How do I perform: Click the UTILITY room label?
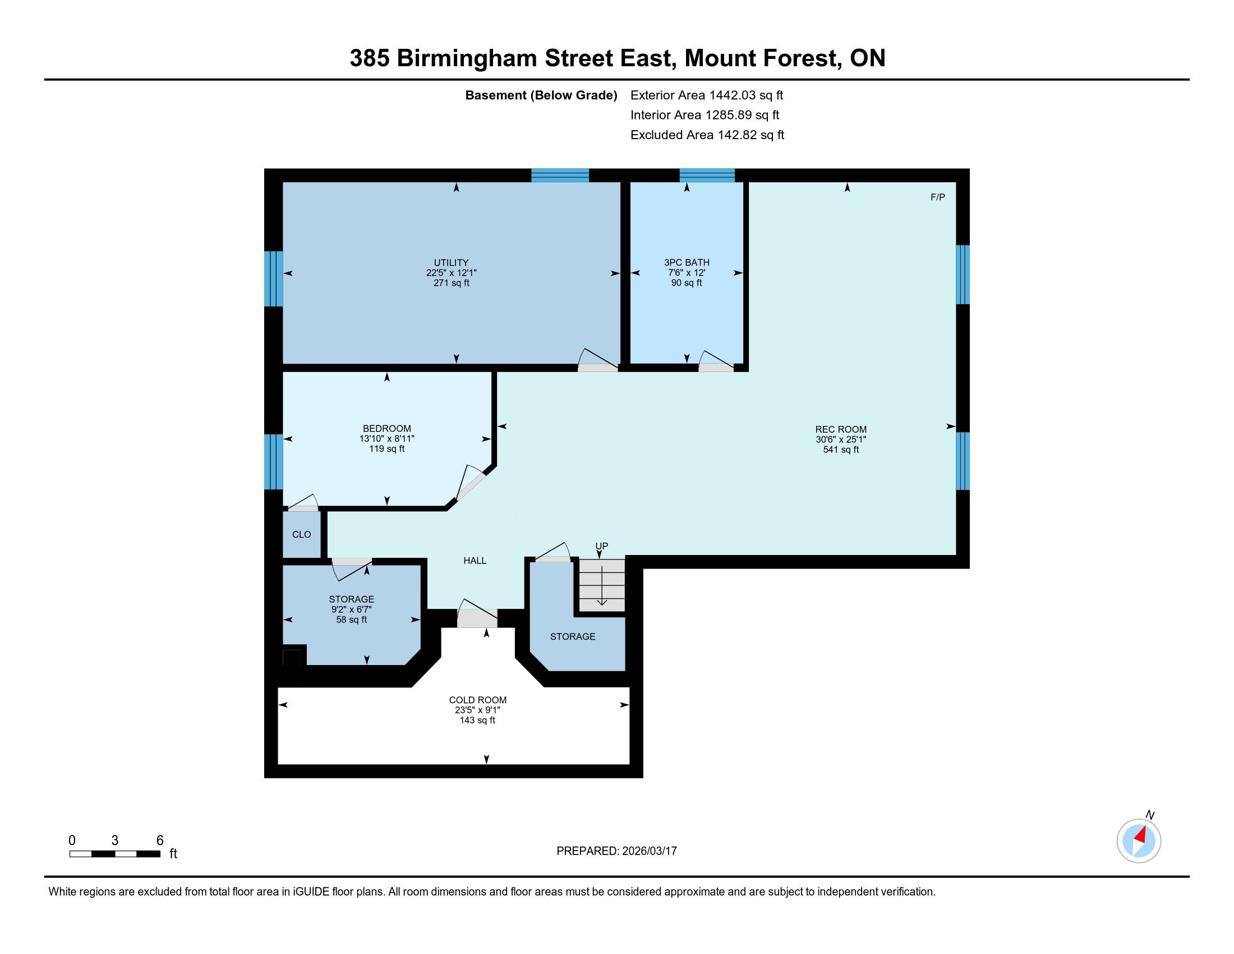(451, 263)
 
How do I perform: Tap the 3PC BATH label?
(687, 263)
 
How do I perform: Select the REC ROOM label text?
(841, 429)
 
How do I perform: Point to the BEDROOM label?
(387, 429)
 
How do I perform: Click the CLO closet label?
(302, 535)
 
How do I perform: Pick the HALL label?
(475, 561)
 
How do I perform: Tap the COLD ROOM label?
(478, 700)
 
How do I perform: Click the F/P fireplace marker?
(937, 197)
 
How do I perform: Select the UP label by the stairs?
(602, 546)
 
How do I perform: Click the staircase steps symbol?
(602, 585)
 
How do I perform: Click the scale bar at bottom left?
(114, 854)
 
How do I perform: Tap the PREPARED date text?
(616, 851)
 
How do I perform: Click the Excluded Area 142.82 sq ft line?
(707, 135)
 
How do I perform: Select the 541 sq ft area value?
(841, 450)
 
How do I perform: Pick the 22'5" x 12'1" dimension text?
(451, 273)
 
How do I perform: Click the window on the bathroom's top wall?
(707, 175)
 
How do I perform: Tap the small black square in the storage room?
(292, 658)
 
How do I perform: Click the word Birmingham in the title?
(467, 59)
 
